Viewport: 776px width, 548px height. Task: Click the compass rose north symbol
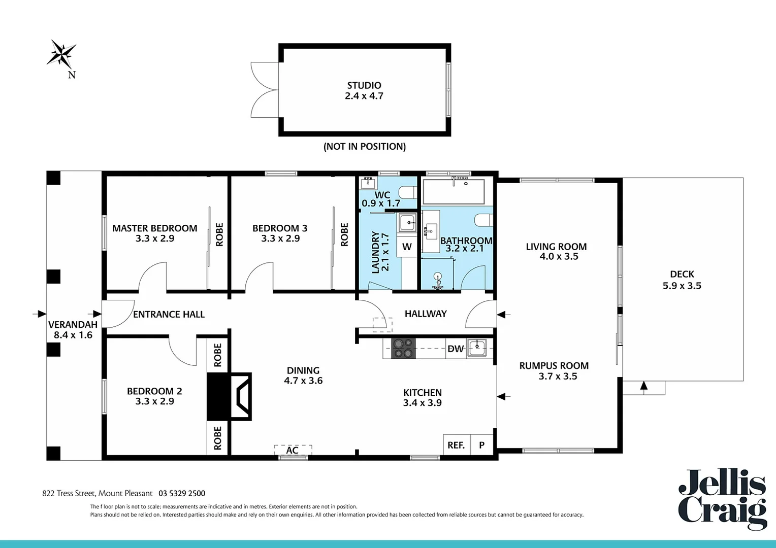[62, 54]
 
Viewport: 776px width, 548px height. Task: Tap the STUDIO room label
[364, 85]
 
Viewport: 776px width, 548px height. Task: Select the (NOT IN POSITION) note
[365, 147]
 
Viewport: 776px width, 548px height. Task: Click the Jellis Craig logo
[722, 499]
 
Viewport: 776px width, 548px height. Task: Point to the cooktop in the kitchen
[404, 349]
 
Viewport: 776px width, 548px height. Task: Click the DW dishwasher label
[455, 349]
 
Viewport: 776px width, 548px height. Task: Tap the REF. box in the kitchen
[456, 445]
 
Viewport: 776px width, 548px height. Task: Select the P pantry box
[481, 445]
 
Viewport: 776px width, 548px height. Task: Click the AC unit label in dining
[293, 450]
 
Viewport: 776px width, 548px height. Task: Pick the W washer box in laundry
[407, 247]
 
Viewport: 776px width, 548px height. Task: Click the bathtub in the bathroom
[454, 191]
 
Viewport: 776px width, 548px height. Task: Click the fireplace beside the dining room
[230, 396]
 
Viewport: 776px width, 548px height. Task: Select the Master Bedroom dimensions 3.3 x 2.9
[155, 238]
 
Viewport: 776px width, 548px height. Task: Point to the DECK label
[682, 274]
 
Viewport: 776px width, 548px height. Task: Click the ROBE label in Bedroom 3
[344, 234]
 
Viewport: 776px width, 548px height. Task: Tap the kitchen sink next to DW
[477, 348]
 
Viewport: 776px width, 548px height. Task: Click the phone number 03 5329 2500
[182, 493]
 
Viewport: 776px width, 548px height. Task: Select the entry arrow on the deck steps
[644, 386]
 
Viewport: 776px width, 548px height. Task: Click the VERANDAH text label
[73, 325]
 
